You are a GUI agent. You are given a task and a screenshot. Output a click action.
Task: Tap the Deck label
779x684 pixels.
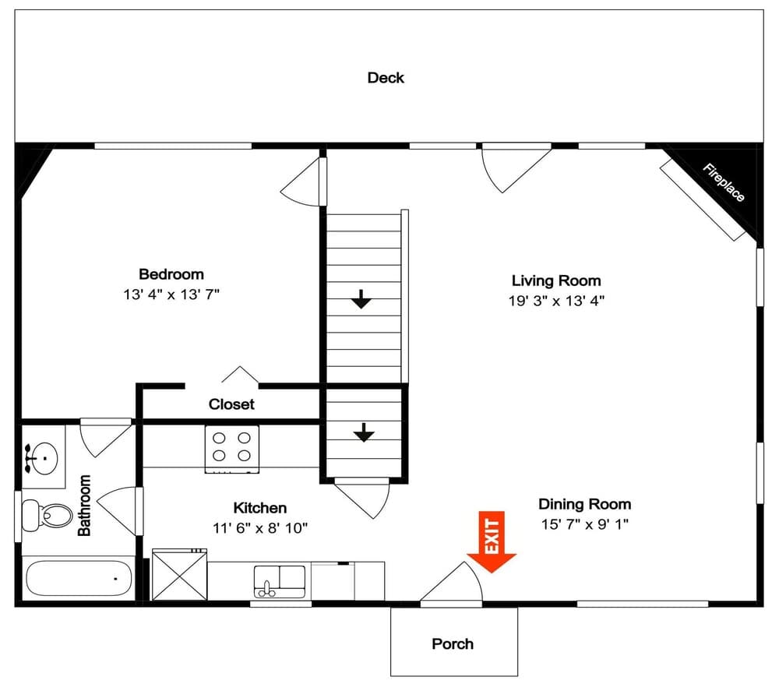(386, 78)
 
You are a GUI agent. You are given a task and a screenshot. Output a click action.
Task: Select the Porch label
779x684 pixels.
(453, 644)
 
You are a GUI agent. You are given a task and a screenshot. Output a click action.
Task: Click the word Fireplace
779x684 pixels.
(724, 182)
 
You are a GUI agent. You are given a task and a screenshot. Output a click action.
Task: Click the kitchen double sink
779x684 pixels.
(280, 581)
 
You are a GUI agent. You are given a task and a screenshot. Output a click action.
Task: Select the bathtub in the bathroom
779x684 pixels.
(78, 579)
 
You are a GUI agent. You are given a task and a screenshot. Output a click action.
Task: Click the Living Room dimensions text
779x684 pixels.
(556, 301)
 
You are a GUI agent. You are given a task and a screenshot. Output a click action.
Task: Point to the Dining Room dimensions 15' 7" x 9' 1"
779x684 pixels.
(584, 524)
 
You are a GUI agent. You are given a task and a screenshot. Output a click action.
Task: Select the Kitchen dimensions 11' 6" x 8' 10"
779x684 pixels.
(260, 528)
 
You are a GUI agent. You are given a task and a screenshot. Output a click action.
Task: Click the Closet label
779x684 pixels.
(231, 405)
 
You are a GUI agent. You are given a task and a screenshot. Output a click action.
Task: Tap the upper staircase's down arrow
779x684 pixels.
(361, 298)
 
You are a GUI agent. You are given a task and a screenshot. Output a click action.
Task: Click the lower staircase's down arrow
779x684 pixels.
(363, 432)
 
